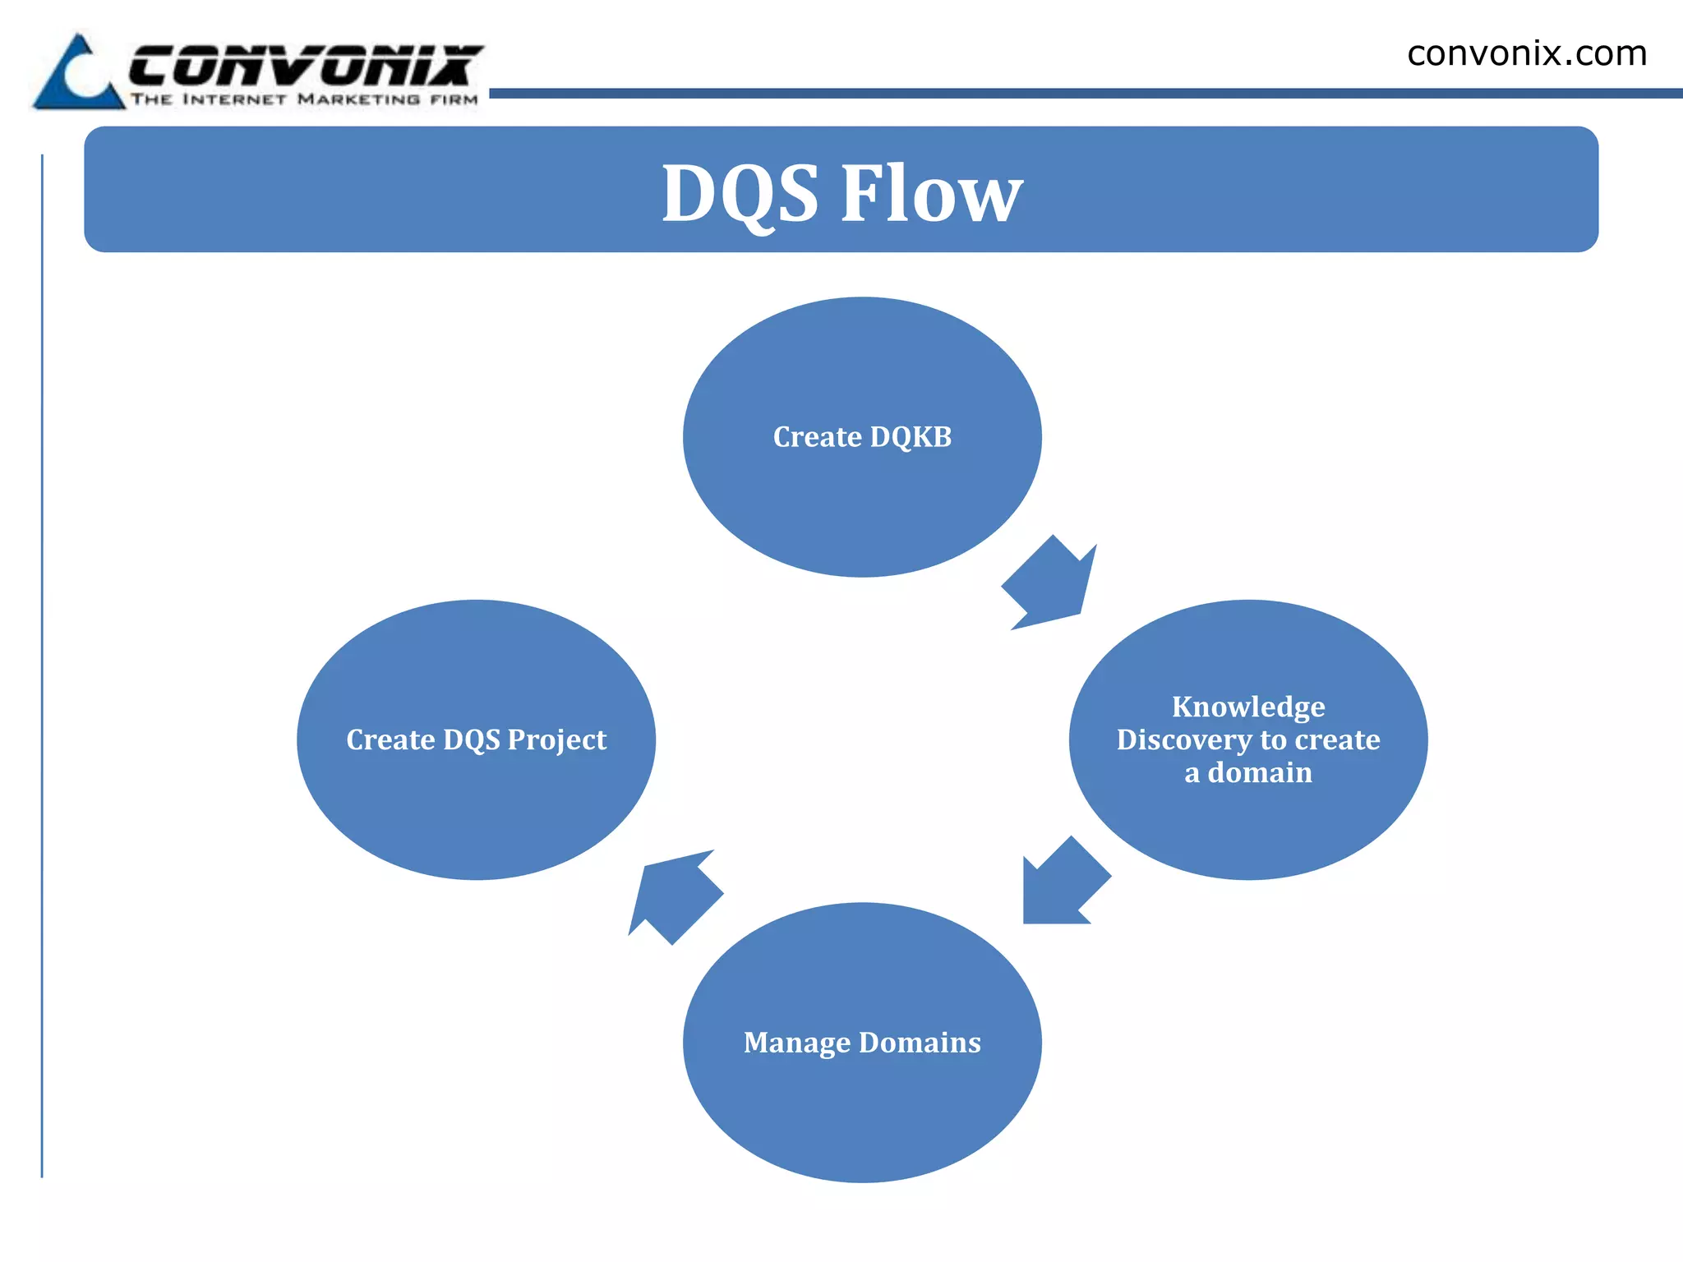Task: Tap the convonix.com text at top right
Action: coord(1527,54)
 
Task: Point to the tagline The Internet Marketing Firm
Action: coord(304,99)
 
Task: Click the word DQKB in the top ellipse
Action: coord(911,437)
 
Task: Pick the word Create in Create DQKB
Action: coord(817,437)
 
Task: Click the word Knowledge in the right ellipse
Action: coord(1248,707)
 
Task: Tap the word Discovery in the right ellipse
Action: coord(1183,739)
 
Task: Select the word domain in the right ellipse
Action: coord(1260,773)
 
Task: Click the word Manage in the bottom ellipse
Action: coord(796,1043)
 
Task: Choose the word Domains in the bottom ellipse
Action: coord(920,1043)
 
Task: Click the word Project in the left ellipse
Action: coord(556,740)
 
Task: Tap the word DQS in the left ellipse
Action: coord(471,740)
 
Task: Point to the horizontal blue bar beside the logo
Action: coord(1085,94)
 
